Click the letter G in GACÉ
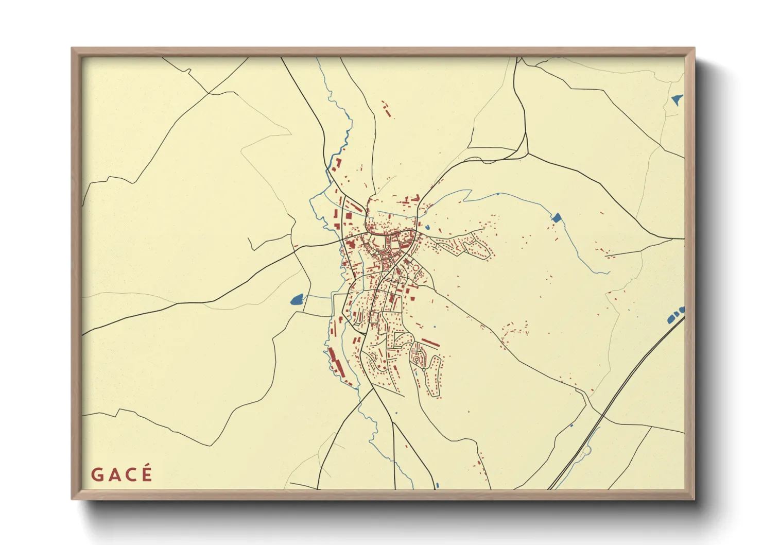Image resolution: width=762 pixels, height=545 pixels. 96,474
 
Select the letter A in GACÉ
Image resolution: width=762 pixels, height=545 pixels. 113,475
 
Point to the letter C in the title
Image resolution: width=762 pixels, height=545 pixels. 130,475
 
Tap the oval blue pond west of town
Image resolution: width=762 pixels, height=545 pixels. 297,299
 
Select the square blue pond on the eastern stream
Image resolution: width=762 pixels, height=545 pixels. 556,217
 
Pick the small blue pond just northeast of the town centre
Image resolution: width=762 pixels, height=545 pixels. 427,227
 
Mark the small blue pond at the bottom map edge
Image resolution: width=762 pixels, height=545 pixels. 437,485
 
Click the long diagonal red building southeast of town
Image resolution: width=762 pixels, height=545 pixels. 430,343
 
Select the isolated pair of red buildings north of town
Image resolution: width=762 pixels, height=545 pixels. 386,109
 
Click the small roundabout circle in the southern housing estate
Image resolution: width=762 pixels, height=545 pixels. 424,369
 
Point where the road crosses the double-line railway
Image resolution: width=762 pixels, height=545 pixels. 602,415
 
